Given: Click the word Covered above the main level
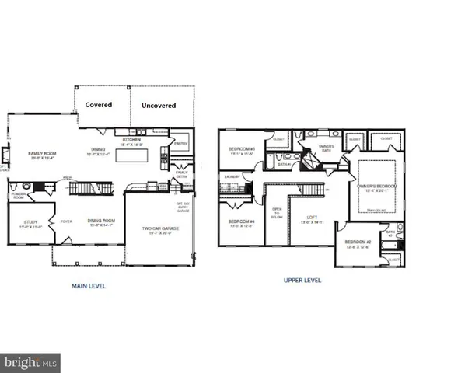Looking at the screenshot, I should pyautogui.click(x=98, y=104).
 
